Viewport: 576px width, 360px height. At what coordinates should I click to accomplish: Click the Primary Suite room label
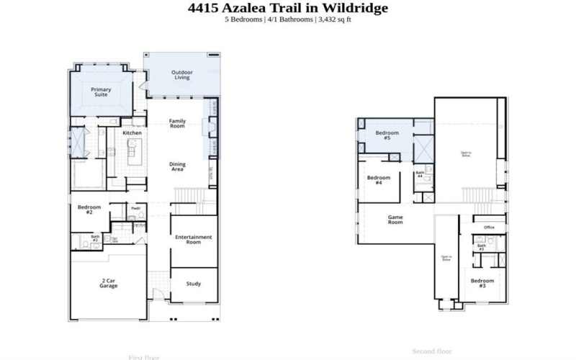coord(101,92)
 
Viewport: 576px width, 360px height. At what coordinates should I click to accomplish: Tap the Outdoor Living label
coord(181,75)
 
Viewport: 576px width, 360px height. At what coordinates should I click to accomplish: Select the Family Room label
coord(177,123)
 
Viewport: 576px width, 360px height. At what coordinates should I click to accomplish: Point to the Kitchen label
coord(132,133)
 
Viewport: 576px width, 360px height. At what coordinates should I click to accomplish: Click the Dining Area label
coord(177,166)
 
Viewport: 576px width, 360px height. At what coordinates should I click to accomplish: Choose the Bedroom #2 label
coord(85,210)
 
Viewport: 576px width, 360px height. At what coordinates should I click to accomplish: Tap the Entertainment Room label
coord(193,240)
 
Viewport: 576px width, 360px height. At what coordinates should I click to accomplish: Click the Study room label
coord(193,284)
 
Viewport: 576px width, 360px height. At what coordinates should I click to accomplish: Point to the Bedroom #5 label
coord(387,135)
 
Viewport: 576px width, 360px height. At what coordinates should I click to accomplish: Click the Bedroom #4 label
coord(378,180)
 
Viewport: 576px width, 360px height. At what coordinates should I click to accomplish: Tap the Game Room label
coord(395,220)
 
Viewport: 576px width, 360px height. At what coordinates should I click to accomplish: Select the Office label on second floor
coord(489,228)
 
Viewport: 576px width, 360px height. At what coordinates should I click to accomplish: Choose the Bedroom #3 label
coord(482,282)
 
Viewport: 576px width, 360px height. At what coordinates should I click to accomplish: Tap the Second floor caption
coord(431,351)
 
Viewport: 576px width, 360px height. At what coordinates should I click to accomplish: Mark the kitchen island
coord(132,153)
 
